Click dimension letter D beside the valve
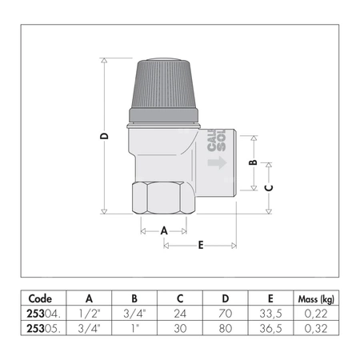point(105,136)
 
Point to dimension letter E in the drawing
point(200,245)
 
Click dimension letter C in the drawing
point(268,187)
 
